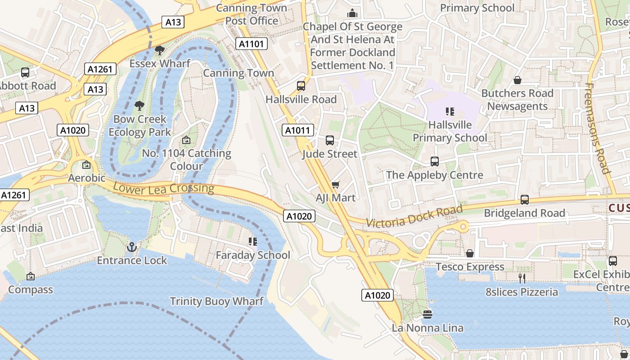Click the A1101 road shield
(252, 44)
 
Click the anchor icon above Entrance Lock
(132, 247)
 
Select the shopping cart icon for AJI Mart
(335, 184)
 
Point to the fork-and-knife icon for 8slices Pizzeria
(522, 279)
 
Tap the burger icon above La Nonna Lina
(427, 314)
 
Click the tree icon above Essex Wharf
(159, 50)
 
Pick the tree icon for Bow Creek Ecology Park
(139, 106)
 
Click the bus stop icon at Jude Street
(330, 140)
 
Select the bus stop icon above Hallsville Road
(301, 85)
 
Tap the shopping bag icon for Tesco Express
(470, 253)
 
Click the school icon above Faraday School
(252, 242)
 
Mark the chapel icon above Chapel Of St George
(352, 13)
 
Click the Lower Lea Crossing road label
(163, 188)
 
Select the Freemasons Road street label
(598, 128)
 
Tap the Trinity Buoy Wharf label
(216, 301)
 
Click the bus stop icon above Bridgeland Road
(524, 199)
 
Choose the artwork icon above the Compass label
(30, 276)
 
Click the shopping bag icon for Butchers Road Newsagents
(517, 80)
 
